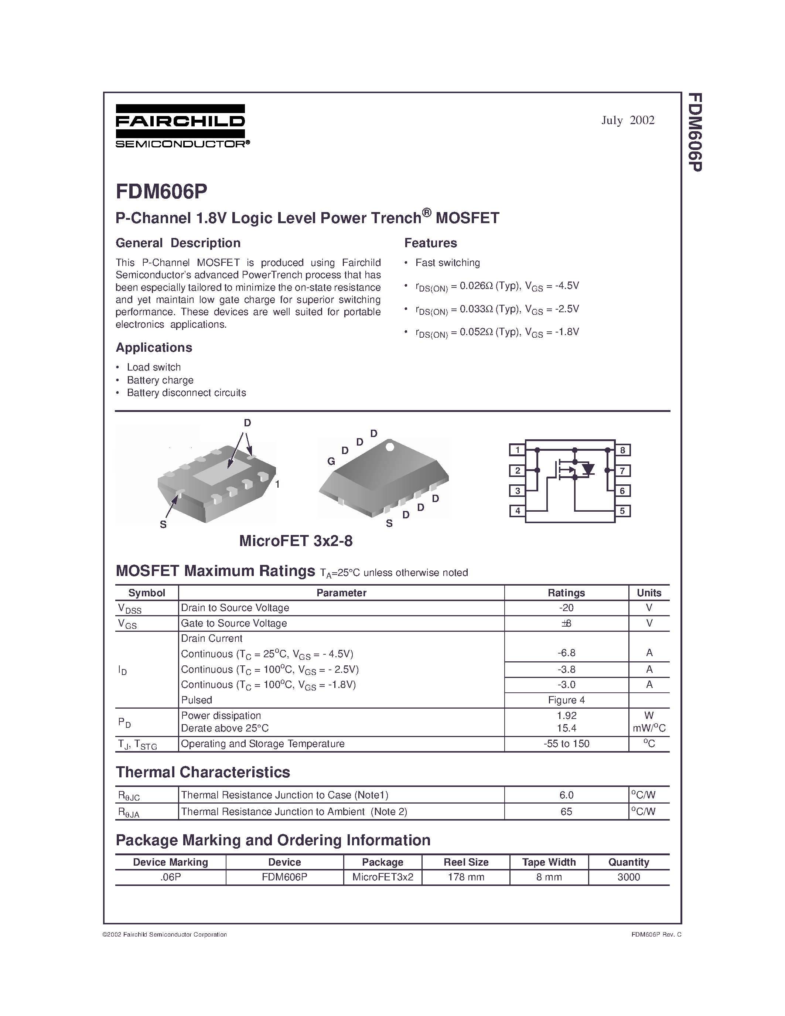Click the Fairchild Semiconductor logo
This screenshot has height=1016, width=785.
[x=181, y=126]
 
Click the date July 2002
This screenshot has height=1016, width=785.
[x=627, y=120]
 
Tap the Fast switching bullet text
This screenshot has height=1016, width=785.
[x=447, y=263]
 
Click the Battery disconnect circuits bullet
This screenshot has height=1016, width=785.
[x=187, y=393]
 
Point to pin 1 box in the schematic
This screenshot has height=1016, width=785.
[x=517, y=450]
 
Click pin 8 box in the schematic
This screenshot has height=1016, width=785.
[x=622, y=450]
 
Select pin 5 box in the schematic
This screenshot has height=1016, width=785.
[x=622, y=511]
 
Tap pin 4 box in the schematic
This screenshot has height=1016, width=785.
[x=517, y=511]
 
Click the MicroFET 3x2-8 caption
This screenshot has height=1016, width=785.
[x=296, y=541]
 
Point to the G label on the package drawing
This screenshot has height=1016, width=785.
[x=331, y=461]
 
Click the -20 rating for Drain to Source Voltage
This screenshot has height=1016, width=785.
[x=566, y=607]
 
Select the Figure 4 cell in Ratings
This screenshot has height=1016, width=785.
[x=566, y=700]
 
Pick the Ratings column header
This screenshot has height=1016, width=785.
[x=566, y=593]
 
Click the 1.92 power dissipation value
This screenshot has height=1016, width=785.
[x=566, y=716]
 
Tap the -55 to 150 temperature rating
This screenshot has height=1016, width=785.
[x=566, y=744]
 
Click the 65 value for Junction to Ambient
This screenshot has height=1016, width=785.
[x=566, y=812]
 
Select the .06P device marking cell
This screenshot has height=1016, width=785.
[x=170, y=877]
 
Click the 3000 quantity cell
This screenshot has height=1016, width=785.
[x=628, y=877]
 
